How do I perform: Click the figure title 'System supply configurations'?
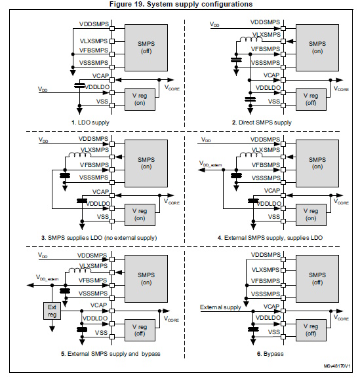(180, 5)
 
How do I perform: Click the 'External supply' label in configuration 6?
(221, 307)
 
